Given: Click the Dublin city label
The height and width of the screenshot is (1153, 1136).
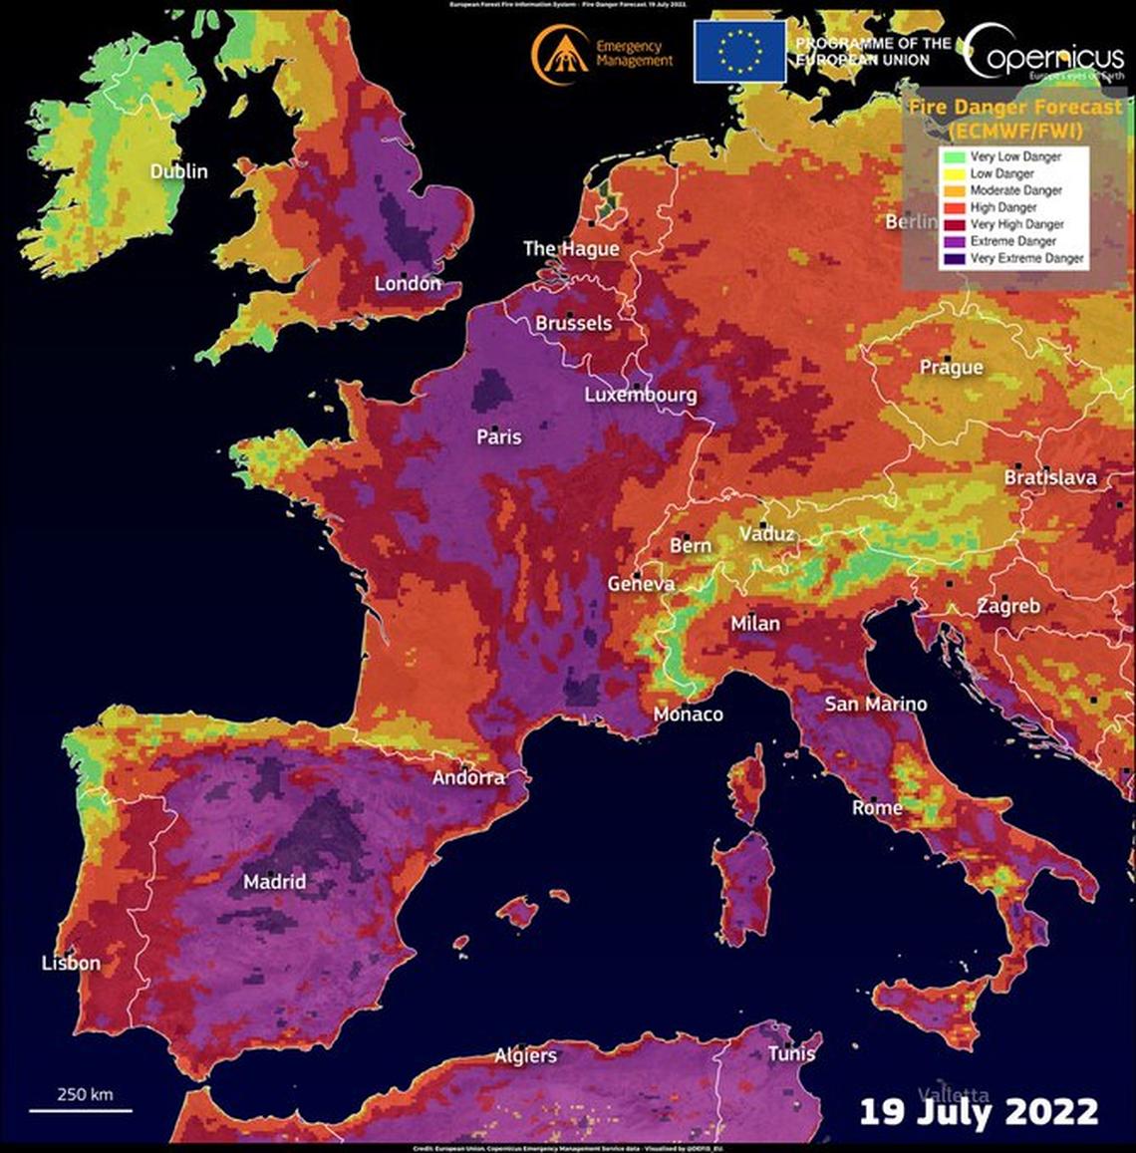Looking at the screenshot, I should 179,171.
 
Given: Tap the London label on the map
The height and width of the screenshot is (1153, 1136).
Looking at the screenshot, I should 408,284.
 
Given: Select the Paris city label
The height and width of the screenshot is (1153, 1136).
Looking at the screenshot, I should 499,436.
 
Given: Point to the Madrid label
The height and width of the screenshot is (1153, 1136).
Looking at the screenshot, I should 275,882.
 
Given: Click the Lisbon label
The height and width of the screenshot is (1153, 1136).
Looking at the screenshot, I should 71,963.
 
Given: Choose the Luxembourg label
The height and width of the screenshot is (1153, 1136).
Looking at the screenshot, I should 640,396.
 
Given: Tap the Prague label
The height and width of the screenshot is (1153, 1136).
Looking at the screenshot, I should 951,368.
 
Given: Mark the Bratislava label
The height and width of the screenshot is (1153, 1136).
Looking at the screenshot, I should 1049,478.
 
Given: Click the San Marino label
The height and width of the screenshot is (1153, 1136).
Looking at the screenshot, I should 875,705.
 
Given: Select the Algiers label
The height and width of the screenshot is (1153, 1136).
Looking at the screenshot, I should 526,1055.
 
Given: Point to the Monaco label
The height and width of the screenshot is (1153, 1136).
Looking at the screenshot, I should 688,715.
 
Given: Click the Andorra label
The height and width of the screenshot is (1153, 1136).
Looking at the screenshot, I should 468,777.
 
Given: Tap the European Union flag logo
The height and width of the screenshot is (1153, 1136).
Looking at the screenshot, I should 738,50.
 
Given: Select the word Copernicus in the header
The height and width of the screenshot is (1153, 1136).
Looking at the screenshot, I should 1044,55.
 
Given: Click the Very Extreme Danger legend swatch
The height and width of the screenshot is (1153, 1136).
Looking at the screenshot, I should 955,258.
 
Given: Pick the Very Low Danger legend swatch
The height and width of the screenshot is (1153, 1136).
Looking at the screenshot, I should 955,156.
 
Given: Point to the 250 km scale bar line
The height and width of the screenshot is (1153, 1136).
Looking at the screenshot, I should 80,1109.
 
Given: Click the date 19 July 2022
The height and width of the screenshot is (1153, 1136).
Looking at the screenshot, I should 979,1111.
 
